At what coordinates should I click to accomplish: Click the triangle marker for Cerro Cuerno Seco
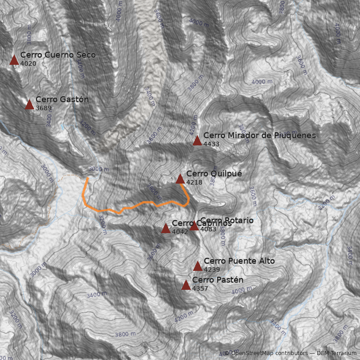click(14, 60)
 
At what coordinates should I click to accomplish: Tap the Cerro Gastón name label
click(62, 99)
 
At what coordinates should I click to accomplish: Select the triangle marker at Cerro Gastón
click(30, 105)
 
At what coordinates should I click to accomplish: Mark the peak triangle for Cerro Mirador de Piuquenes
click(197, 141)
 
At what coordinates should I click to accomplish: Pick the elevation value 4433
click(211, 144)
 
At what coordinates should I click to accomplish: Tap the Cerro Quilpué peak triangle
click(180, 179)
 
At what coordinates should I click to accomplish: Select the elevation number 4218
click(194, 183)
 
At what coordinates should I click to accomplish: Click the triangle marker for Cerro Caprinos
click(166, 229)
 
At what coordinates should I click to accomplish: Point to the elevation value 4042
click(180, 232)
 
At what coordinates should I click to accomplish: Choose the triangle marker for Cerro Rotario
click(194, 226)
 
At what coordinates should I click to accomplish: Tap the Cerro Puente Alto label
click(239, 261)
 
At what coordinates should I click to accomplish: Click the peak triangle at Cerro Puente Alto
click(198, 266)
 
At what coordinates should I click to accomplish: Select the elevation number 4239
click(212, 270)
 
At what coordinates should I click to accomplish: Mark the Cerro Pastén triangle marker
click(186, 285)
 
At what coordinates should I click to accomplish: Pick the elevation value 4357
click(200, 288)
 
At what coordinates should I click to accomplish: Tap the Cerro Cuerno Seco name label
click(58, 55)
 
